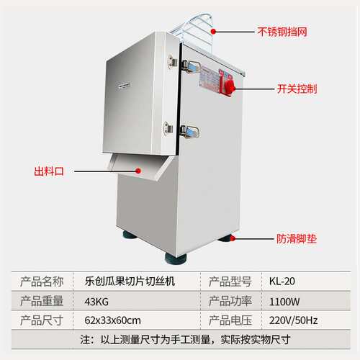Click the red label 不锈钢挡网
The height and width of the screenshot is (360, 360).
tap(282, 32)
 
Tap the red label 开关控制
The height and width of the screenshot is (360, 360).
tap(297, 89)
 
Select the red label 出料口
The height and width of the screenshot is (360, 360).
tap(49, 171)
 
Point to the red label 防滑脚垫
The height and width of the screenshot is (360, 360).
tap(297, 239)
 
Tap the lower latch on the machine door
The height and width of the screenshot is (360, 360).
tap(190, 132)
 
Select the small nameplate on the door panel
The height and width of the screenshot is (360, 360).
tap(124, 85)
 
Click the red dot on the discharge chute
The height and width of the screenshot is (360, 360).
tap(138, 171)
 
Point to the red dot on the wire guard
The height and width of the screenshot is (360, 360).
tap(213, 32)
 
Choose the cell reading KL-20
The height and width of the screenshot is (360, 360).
tap(282, 282)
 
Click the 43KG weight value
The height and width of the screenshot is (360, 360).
tap(96, 302)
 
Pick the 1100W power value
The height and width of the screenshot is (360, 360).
tap(284, 302)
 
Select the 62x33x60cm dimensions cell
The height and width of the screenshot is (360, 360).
tap(112, 320)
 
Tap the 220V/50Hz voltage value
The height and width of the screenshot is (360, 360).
tap(293, 320)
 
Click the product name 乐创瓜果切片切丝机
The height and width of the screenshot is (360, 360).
tap(130, 282)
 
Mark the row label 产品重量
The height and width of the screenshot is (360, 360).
tap(42, 301)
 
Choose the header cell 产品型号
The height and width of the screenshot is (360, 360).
tap(230, 282)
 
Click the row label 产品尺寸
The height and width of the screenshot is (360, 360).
tap(42, 320)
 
